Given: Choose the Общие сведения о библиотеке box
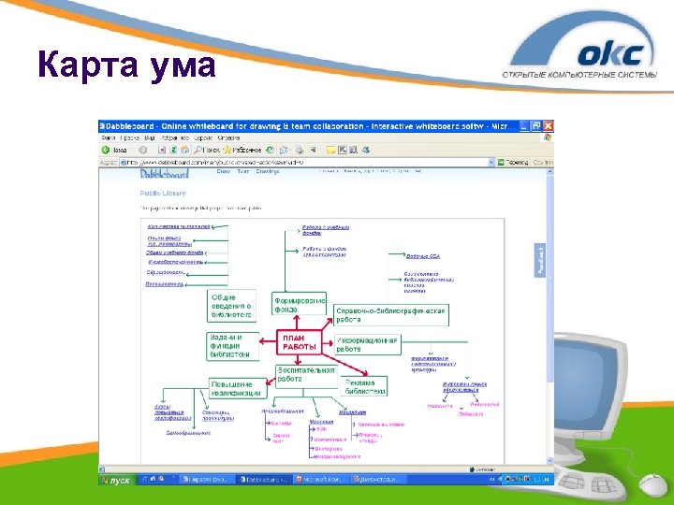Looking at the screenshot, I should click(230, 306).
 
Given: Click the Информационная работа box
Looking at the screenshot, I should click(367, 344).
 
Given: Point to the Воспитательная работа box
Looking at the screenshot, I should click(305, 374).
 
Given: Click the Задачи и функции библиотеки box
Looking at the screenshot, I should click(230, 345).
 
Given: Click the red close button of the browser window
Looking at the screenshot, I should click(549, 125).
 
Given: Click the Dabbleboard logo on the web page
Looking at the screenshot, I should click(165, 173).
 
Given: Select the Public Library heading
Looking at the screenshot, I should click(163, 194).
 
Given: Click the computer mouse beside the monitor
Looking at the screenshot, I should click(654, 485).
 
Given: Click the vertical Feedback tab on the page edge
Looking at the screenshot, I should click(538, 259).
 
